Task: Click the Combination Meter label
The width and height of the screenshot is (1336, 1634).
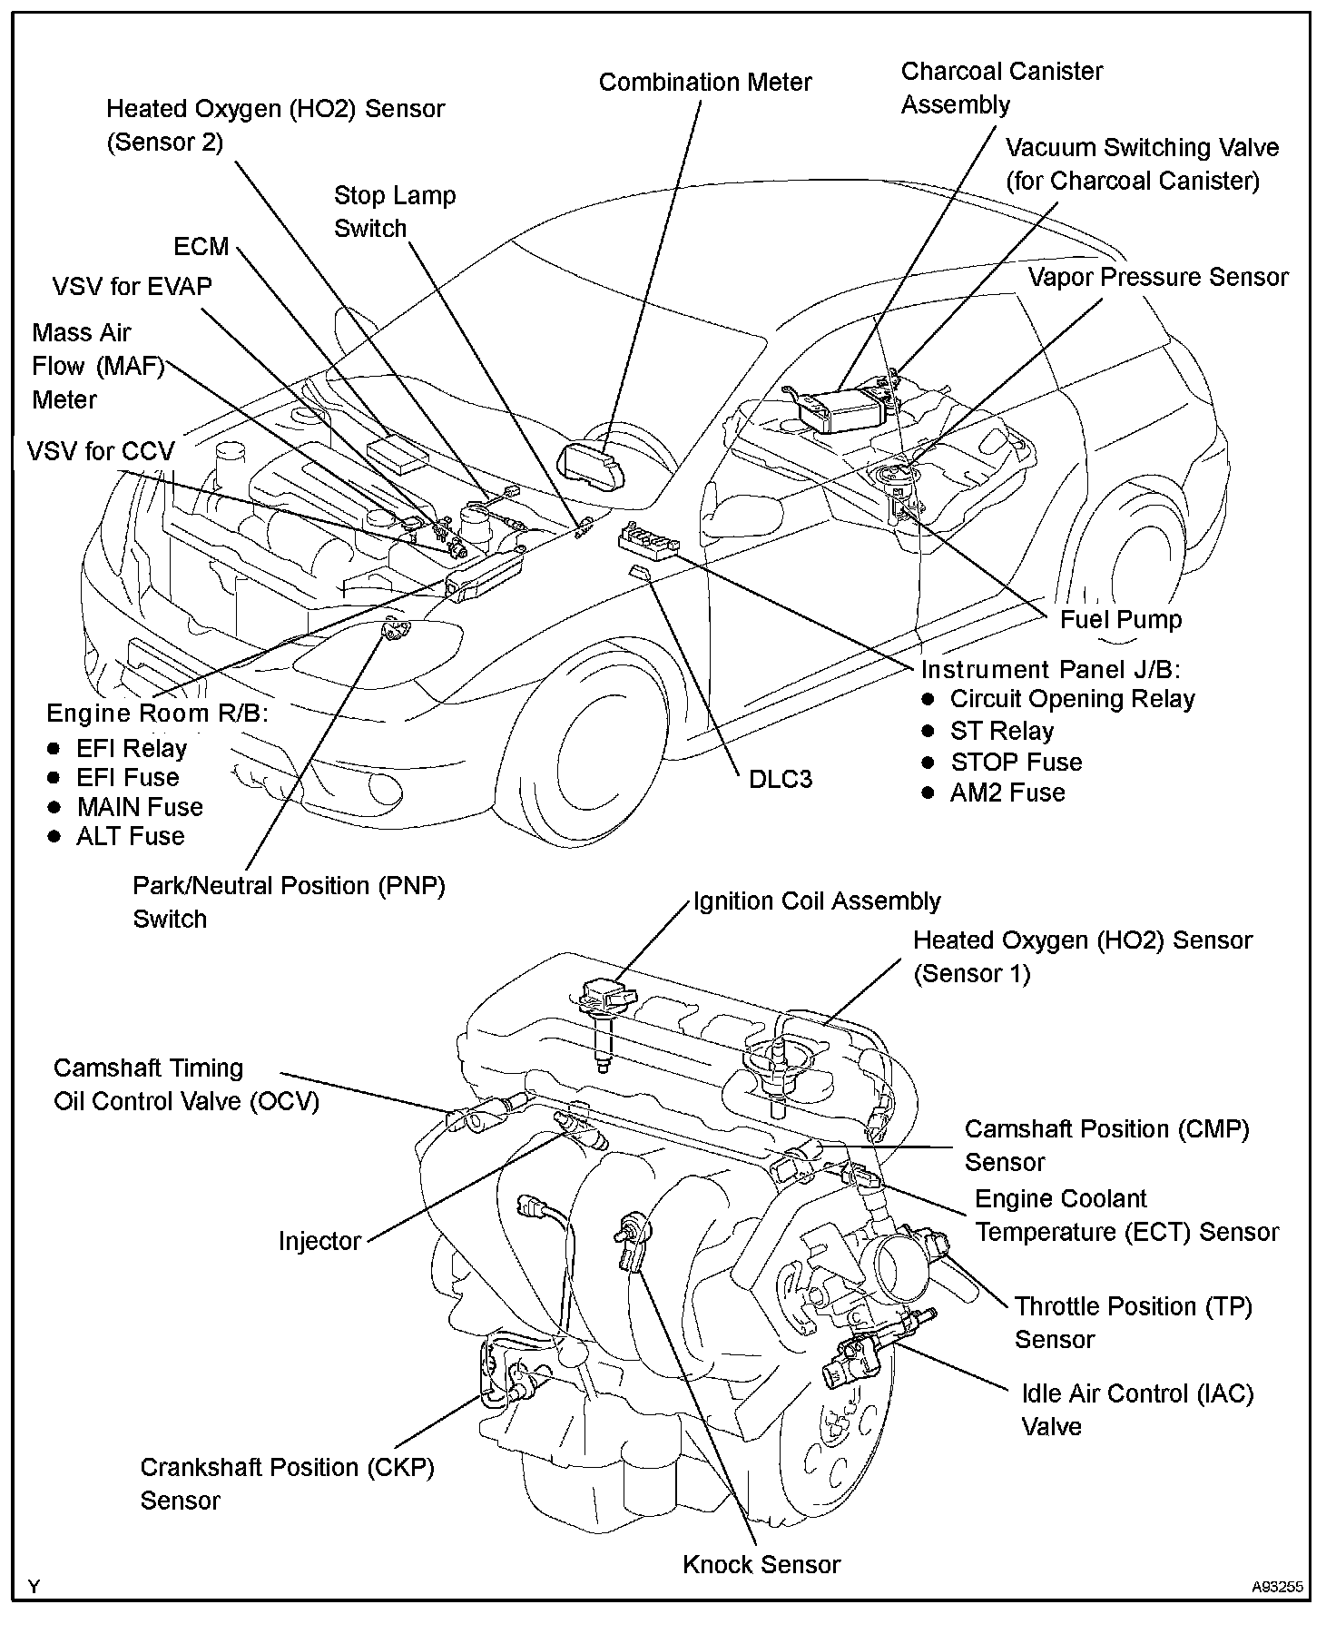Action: click(x=705, y=83)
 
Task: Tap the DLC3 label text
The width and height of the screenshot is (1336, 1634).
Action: click(x=780, y=779)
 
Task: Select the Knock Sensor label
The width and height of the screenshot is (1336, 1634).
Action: click(x=761, y=1564)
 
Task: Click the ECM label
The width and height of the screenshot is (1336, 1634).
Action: click(x=201, y=247)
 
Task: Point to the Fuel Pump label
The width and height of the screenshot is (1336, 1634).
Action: click(x=1121, y=620)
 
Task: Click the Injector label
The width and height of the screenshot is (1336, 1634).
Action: click(x=319, y=1241)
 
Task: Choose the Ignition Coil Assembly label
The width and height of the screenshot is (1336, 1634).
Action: click(x=817, y=901)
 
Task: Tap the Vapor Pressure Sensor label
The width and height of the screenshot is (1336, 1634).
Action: click(x=1158, y=278)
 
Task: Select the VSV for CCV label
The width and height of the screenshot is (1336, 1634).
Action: click(x=100, y=451)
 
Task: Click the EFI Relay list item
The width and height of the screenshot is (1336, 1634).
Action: click(x=131, y=749)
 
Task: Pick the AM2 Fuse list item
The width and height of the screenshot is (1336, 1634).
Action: click(x=1007, y=792)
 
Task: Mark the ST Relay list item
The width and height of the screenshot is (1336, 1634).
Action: click(x=1001, y=731)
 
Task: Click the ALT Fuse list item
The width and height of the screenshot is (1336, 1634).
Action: click(x=130, y=836)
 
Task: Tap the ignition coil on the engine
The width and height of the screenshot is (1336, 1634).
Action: click(x=601, y=1008)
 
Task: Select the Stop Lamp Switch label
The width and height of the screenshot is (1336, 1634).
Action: click(x=394, y=212)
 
